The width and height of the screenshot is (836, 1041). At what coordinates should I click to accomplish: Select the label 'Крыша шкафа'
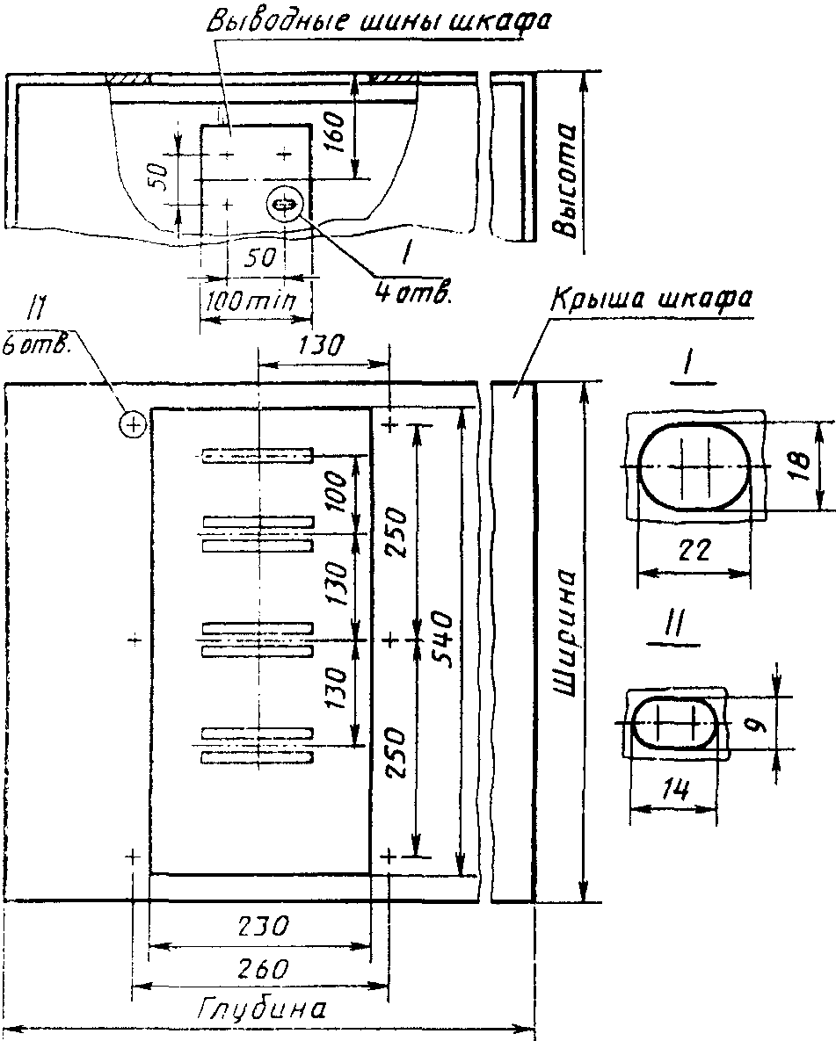[x=651, y=300]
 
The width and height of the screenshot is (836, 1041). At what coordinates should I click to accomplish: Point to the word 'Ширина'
[x=564, y=632]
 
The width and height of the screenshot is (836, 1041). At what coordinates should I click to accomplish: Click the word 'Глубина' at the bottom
[x=263, y=1009]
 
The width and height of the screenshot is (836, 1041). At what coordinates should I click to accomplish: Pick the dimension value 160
[x=337, y=132]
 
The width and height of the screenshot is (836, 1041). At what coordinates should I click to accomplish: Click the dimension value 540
[x=440, y=640]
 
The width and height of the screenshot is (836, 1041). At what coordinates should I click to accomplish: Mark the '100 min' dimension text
[x=250, y=303]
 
